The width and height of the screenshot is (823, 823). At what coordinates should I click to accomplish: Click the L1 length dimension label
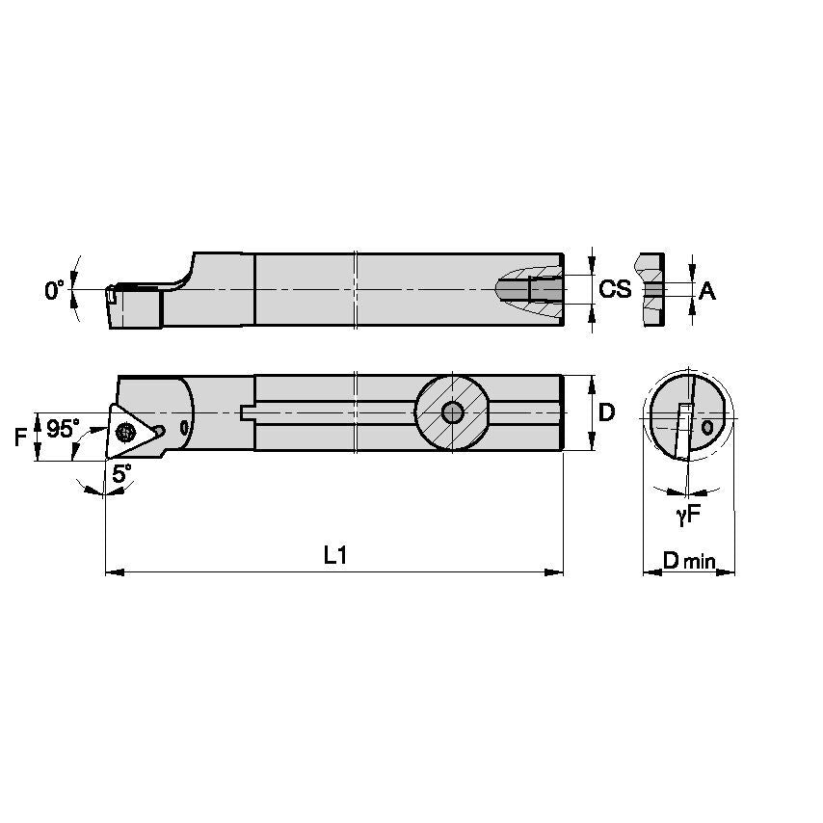[x=334, y=555]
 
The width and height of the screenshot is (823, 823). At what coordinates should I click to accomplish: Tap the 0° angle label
[x=54, y=289]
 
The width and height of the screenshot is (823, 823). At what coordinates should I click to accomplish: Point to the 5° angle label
[x=120, y=473]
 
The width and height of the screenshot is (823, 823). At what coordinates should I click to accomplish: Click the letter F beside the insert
[x=20, y=438]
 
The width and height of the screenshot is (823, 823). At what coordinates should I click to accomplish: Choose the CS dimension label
[x=615, y=289]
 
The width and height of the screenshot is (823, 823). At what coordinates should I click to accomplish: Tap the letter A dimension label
[x=706, y=290]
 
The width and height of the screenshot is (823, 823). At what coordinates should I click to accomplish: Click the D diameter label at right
[x=606, y=412]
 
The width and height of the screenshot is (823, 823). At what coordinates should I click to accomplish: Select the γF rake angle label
[x=686, y=516]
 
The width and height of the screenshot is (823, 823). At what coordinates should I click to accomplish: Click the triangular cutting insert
[x=127, y=431]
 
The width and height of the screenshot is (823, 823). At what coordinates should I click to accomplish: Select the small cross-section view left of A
[x=651, y=289]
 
